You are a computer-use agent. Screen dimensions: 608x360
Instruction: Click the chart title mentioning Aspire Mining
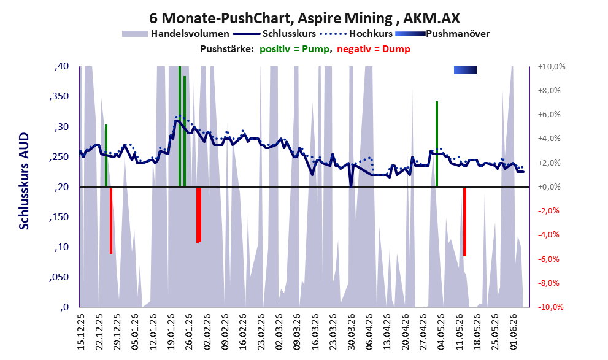304,18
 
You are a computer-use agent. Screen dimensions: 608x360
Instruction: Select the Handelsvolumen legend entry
175,34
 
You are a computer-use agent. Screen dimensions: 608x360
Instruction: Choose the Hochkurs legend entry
356,34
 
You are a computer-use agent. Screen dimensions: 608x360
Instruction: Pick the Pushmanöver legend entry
442,34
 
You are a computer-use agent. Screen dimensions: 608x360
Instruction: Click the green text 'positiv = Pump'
294,49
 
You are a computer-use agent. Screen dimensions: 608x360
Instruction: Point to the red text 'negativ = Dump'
374,49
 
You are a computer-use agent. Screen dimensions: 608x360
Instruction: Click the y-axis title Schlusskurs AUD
24,181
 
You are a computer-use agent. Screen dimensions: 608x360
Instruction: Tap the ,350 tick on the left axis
59,96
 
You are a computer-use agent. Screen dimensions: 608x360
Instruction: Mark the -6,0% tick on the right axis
548,259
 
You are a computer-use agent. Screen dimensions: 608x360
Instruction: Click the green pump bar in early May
437,144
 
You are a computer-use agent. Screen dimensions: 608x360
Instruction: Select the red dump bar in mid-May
464,221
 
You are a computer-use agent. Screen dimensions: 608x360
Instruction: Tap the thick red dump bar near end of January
199,215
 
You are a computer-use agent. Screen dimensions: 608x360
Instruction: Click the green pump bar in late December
106,156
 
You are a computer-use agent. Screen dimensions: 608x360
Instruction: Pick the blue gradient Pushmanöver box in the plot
465,70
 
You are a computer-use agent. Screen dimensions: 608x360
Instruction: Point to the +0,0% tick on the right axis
549,187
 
